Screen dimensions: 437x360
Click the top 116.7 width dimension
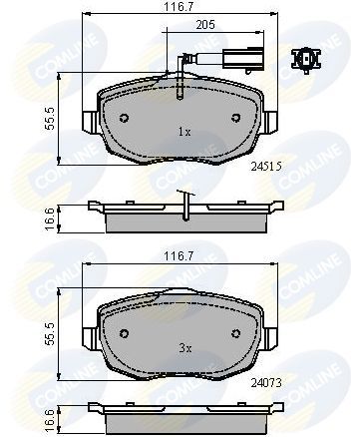click(x=180, y=8)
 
